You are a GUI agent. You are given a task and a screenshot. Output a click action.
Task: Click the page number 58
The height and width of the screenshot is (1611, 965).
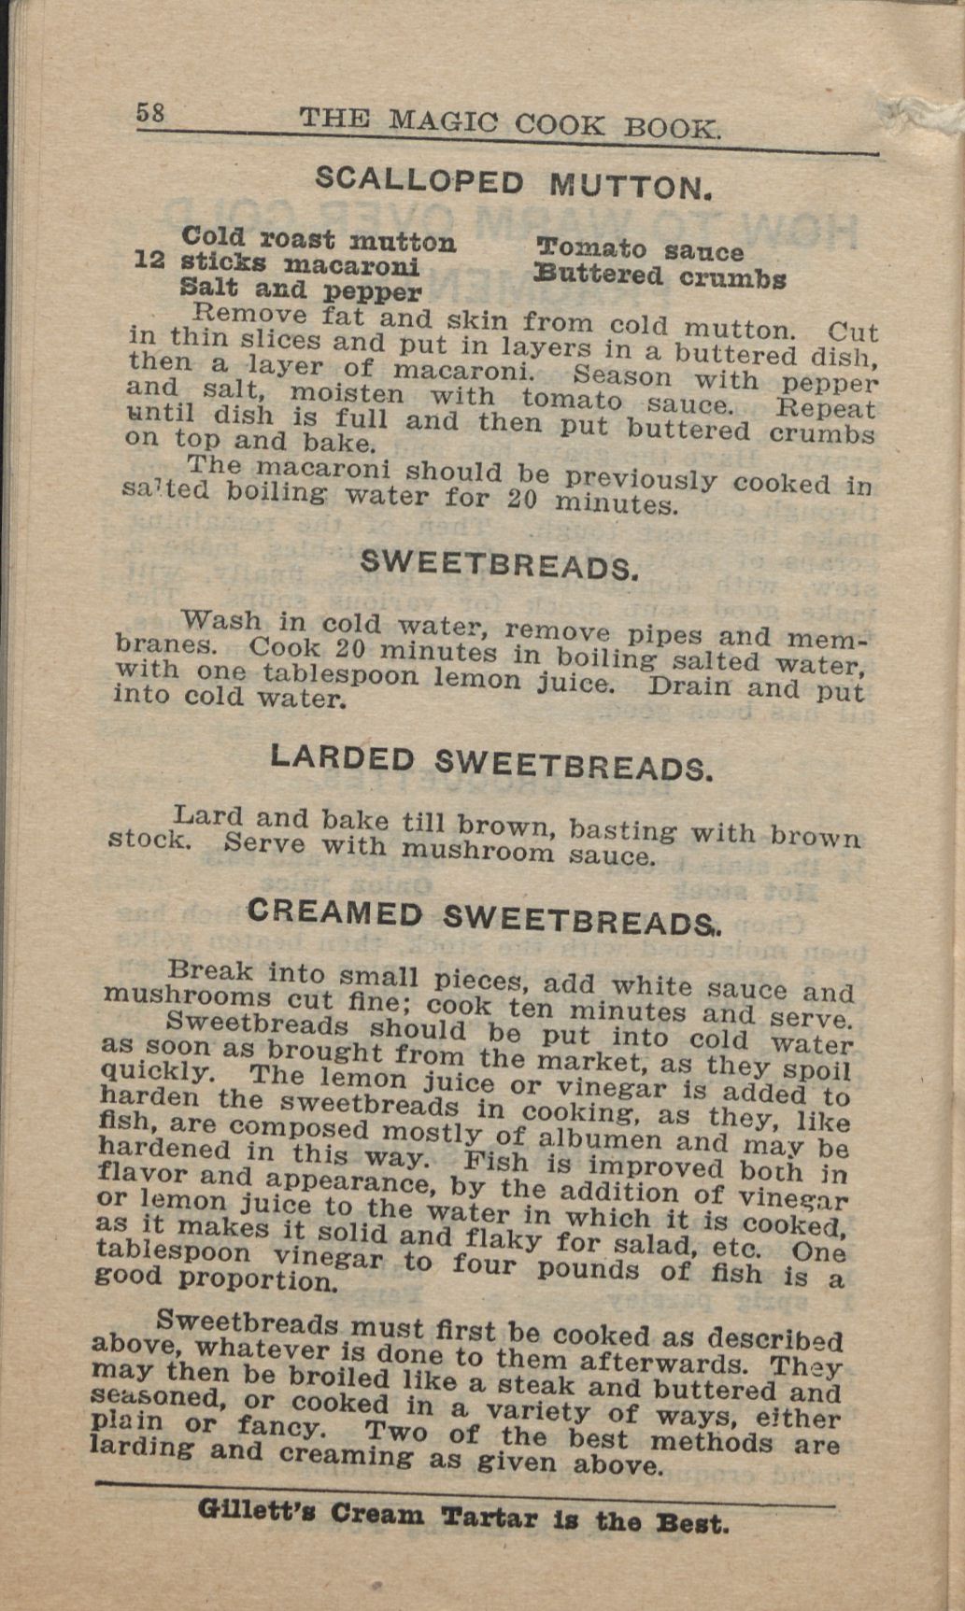point(150,113)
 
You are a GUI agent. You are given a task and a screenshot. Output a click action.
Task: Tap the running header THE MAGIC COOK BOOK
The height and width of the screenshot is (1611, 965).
point(510,124)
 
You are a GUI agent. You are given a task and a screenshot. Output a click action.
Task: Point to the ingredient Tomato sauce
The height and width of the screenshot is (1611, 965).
point(640,250)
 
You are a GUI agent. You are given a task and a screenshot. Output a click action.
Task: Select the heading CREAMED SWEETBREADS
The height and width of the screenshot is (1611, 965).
point(484,916)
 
